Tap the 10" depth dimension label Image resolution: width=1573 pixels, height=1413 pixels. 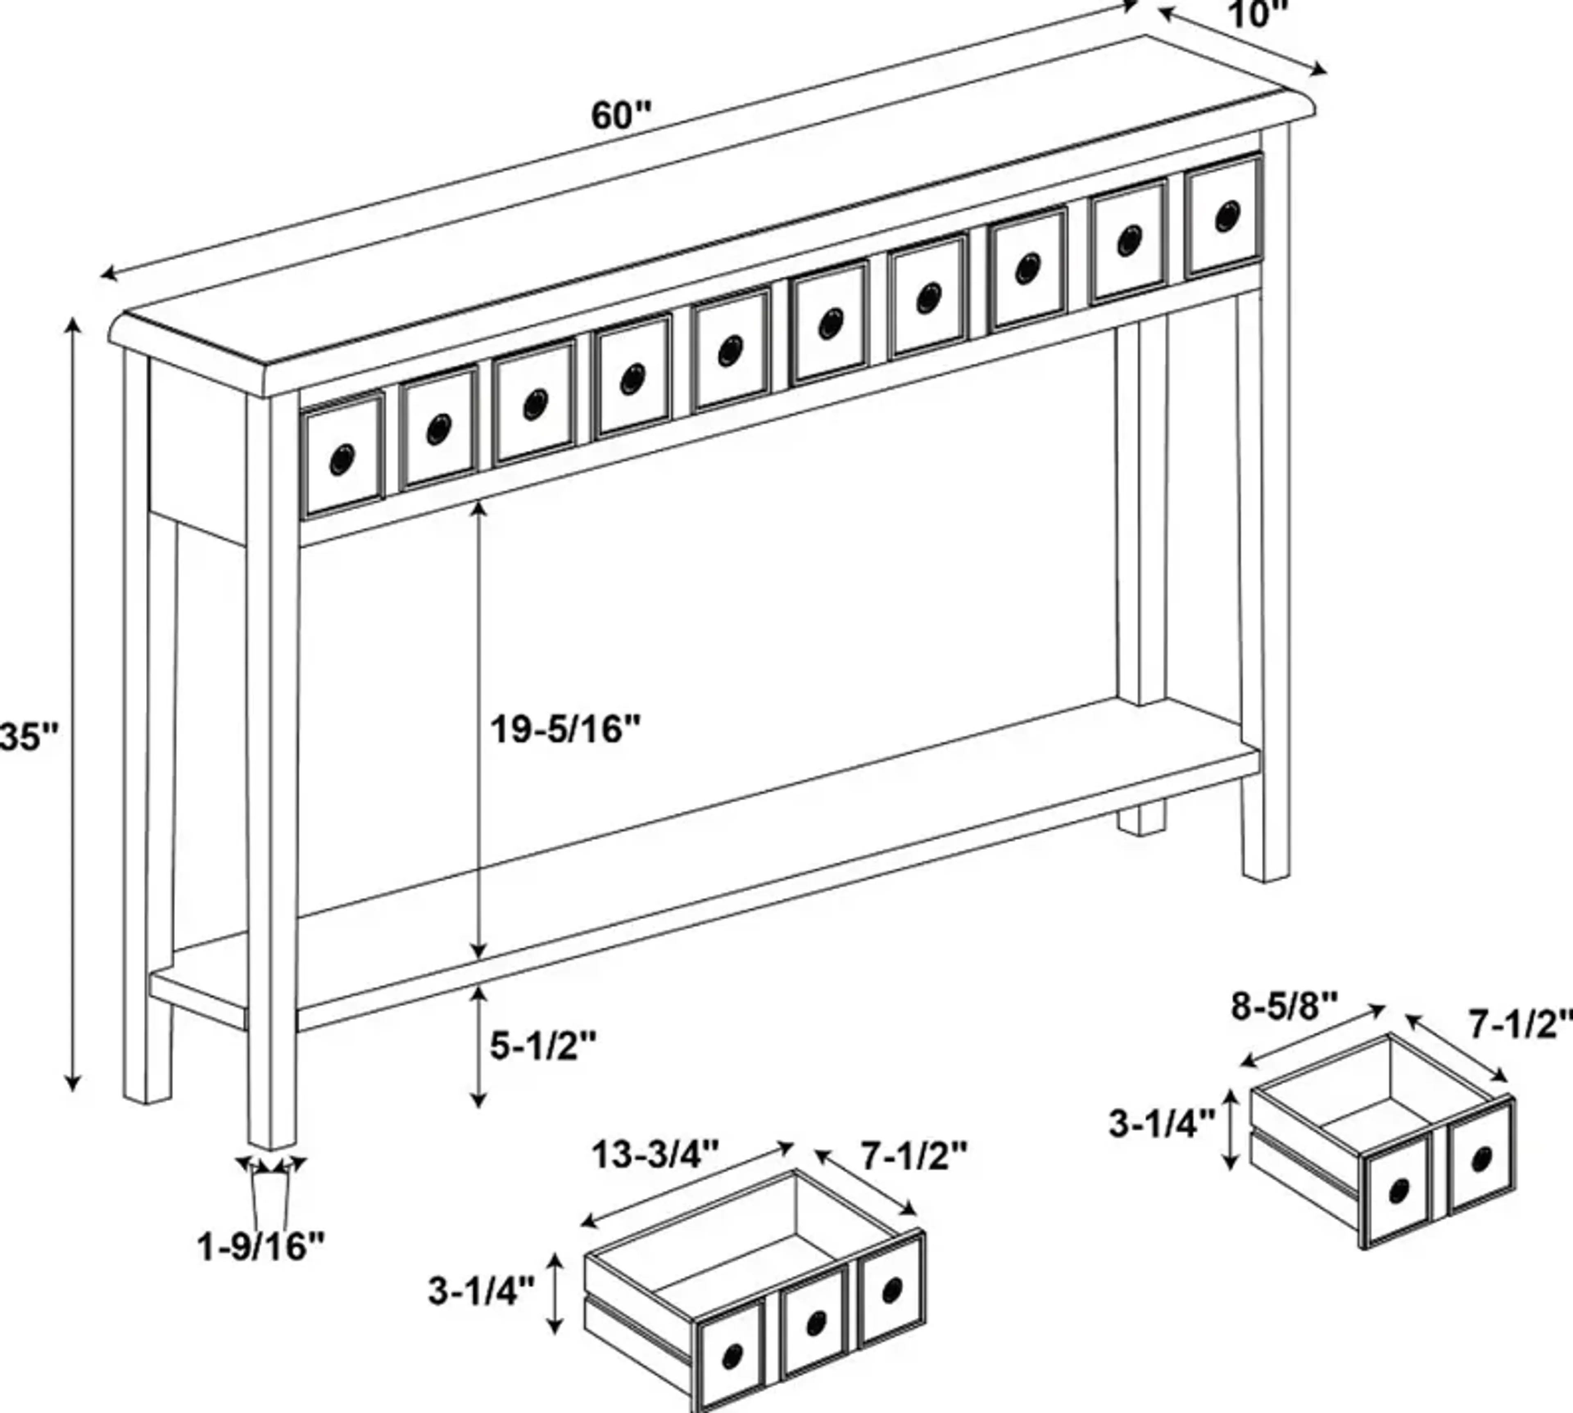pyautogui.click(x=1257, y=14)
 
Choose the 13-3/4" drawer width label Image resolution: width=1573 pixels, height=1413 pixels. pyautogui.click(x=656, y=1155)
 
